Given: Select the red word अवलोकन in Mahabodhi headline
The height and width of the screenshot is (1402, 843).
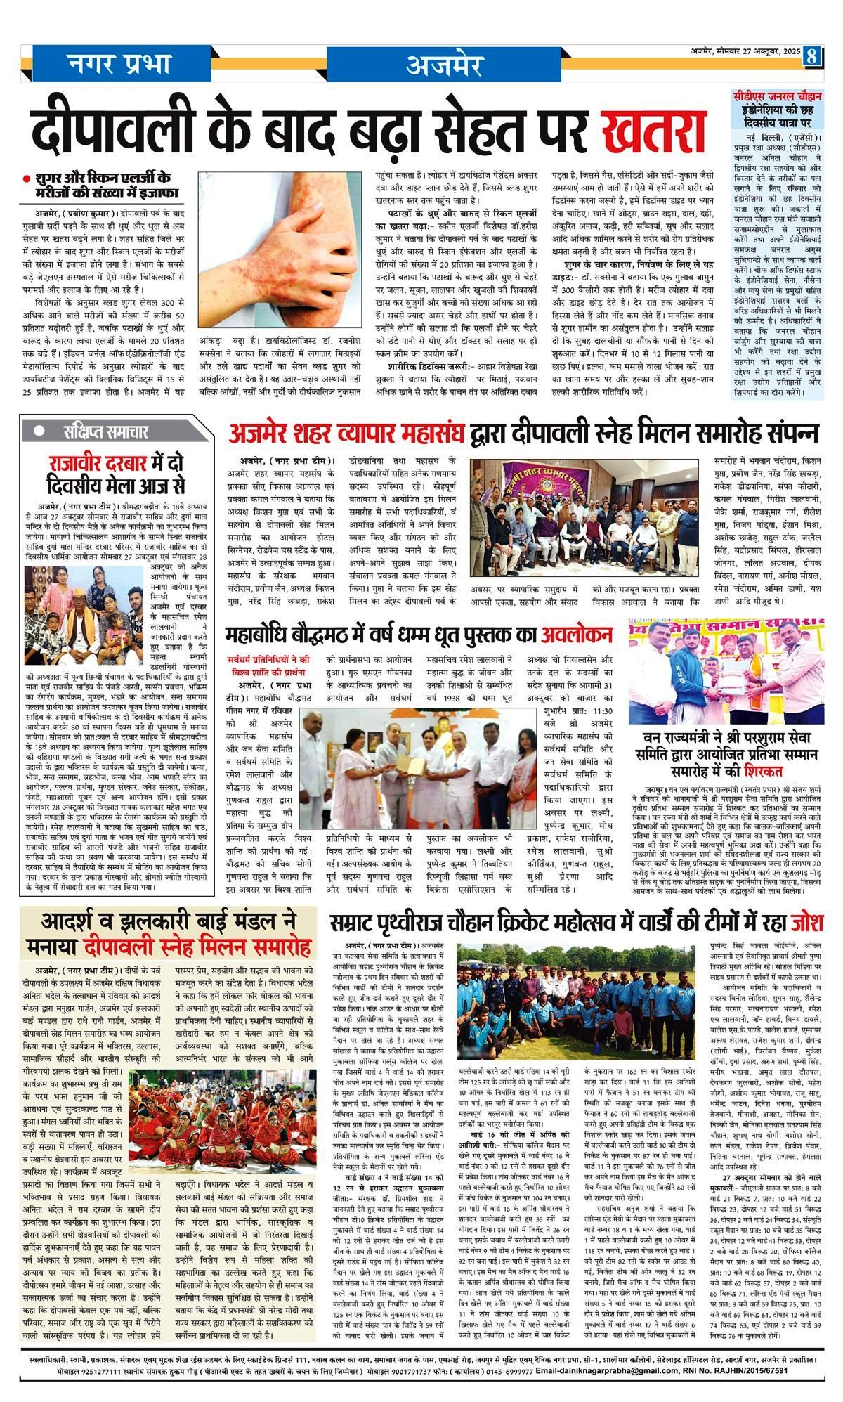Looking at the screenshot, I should coord(576,635).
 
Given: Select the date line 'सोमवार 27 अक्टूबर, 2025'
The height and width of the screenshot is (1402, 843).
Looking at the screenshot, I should coord(756,51).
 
